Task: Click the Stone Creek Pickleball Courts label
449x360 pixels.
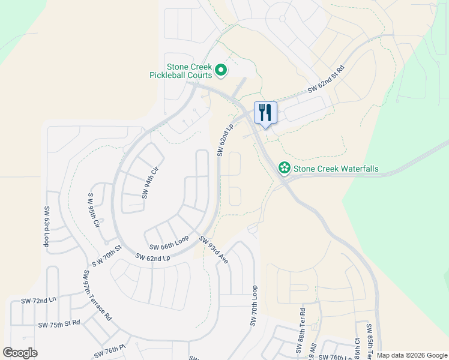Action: coord(181,71)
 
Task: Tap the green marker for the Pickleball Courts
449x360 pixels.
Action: coord(221,71)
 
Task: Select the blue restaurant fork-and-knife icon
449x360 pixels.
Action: coord(265,112)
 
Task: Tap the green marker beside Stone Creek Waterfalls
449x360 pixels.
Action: coord(284,169)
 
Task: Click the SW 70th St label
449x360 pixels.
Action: coord(107,256)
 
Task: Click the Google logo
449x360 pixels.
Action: coord(20,353)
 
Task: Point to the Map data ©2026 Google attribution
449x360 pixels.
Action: coord(412,355)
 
